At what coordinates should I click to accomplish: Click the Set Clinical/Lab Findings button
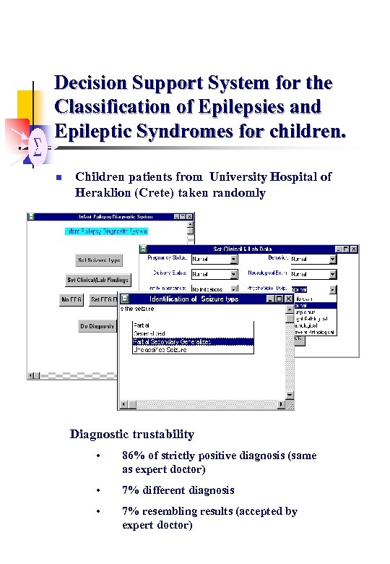point(99,280)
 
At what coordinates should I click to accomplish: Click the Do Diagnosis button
point(97,326)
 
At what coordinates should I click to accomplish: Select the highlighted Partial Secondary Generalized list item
point(193,341)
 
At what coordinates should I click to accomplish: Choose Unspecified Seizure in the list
point(160,349)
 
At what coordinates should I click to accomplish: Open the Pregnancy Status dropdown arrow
point(234,258)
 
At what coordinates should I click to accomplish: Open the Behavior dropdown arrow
point(332,258)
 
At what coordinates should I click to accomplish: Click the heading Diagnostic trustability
point(131,435)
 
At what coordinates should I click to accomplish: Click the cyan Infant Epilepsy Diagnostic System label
point(106,232)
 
